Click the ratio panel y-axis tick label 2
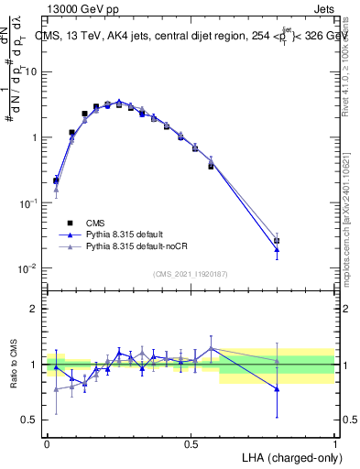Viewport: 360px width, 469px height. point(33,309)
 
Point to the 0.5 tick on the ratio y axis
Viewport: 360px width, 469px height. point(29,420)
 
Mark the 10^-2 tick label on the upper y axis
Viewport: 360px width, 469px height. point(27,268)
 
